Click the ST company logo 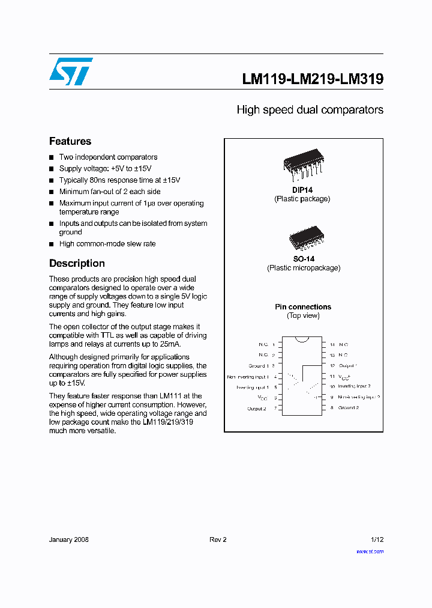pyautogui.click(x=71, y=71)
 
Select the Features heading pyautogui.click(x=70, y=141)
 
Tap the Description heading pyautogui.click(x=77, y=263)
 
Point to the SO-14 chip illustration pyautogui.click(x=303, y=238)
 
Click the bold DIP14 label pyautogui.click(x=302, y=190)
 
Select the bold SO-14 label pyautogui.click(x=303, y=259)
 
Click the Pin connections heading pyautogui.click(x=303, y=307)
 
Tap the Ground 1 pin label pyautogui.click(x=258, y=366)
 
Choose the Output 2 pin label pyautogui.click(x=256, y=409)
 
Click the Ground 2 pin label pyautogui.click(x=348, y=408)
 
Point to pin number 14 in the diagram pyautogui.click(x=332, y=345)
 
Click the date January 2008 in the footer pyautogui.click(x=69, y=540)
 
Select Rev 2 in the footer pyautogui.click(x=218, y=540)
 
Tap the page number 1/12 pyautogui.click(x=377, y=540)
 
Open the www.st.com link pyautogui.click(x=370, y=551)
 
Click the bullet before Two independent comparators pyautogui.click(x=52, y=157)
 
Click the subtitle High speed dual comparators pyautogui.click(x=310, y=110)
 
